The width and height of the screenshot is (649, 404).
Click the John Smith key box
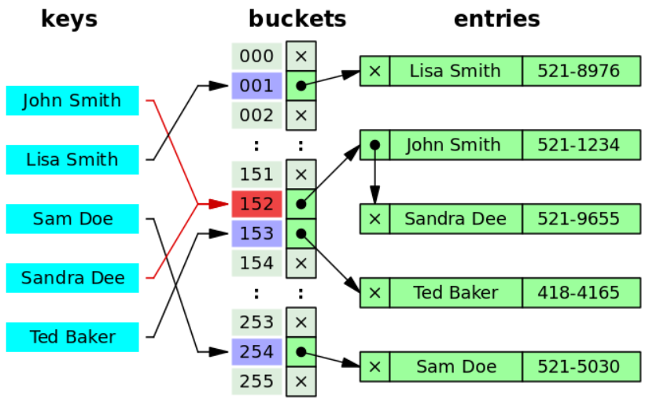tap(72, 101)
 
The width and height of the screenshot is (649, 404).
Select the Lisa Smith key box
tap(72, 160)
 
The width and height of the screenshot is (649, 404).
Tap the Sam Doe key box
tap(72, 219)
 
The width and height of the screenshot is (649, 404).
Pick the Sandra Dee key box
tap(72, 278)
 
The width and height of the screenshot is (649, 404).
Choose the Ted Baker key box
tap(72, 337)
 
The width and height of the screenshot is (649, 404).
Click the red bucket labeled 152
tap(256, 204)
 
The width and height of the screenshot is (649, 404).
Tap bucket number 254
tap(256, 352)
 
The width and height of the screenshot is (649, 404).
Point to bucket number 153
tap(256, 234)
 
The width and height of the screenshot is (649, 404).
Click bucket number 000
tap(256, 56)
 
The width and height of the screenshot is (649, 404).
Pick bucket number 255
tap(256, 382)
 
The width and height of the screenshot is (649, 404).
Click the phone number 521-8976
tap(578, 71)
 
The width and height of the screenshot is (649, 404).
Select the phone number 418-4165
tap(578, 293)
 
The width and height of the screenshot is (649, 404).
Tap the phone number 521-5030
tap(578, 367)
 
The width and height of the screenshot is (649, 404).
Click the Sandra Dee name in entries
tap(455, 219)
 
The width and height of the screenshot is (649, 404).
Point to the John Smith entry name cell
tap(455, 145)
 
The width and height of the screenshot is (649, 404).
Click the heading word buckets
tap(297, 19)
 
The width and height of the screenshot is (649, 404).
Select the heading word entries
tap(497, 19)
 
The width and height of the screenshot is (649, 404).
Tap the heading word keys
tap(69, 19)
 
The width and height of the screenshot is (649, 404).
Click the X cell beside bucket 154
tap(301, 263)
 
